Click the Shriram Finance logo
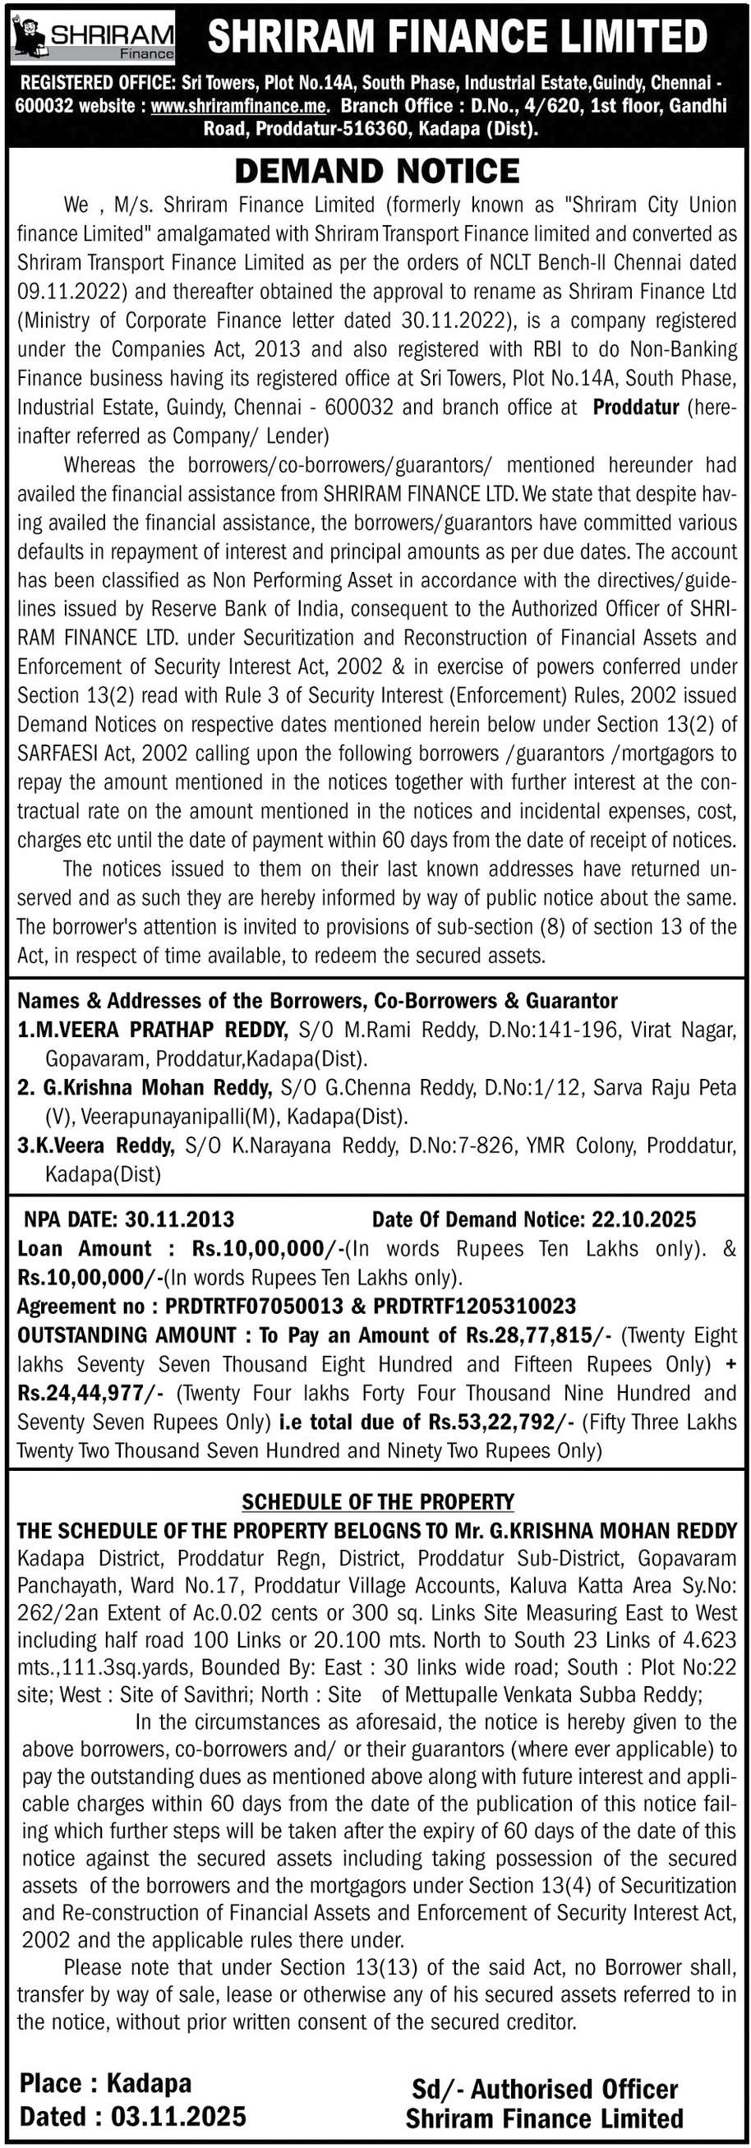click(93, 39)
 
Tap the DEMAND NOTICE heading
click(377, 171)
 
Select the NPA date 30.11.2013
click(179, 1220)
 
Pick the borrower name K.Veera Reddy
click(96, 1145)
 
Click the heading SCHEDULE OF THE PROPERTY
click(377, 1503)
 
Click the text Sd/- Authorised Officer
click(544, 2089)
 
